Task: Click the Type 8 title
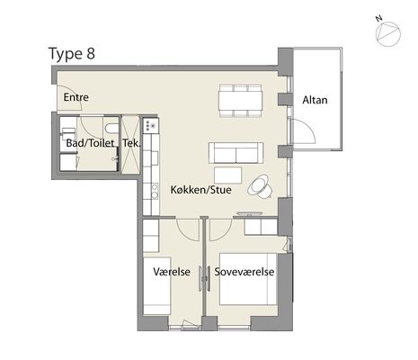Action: tap(72, 54)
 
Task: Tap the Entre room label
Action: tap(76, 97)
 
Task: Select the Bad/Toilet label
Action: tap(90, 143)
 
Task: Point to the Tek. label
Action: tap(131, 143)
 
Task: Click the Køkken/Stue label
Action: tap(200, 190)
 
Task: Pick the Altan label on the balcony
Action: tap(315, 100)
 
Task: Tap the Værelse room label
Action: tap(172, 272)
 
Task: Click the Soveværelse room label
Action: tap(245, 272)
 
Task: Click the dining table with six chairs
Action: tap(241, 101)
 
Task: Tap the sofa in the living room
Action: tap(236, 153)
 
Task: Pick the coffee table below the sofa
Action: tap(228, 175)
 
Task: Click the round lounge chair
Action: tap(260, 186)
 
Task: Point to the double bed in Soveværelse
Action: tap(248, 279)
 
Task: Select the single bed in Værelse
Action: tap(157, 285)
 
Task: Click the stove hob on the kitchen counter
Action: tap(151, 125)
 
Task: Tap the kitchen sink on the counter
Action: tap(155, 192)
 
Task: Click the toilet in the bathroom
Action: tap(111, 128)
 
